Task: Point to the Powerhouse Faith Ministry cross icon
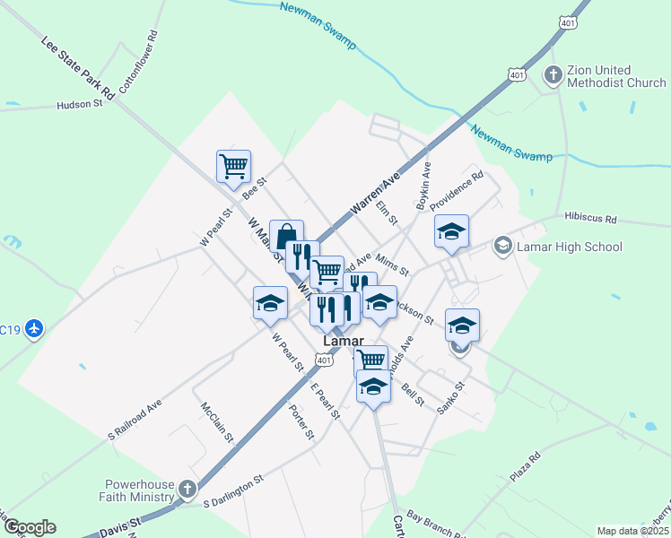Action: pyautogui.click(x=187, y=490)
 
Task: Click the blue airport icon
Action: pyautogui.click(x=35, y=329)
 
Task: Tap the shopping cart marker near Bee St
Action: pyautogui.click(x=233, y=166)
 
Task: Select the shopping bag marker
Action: pyautogui.click(x=286, y=237)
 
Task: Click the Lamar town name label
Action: pyautogui.click(x=342, y=342)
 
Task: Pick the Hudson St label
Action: pyautogui.click(x=80, y=105)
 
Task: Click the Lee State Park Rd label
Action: pyautogui.click(x=79, y=68)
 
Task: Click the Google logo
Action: pyautogui.click(x=29, y=527)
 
